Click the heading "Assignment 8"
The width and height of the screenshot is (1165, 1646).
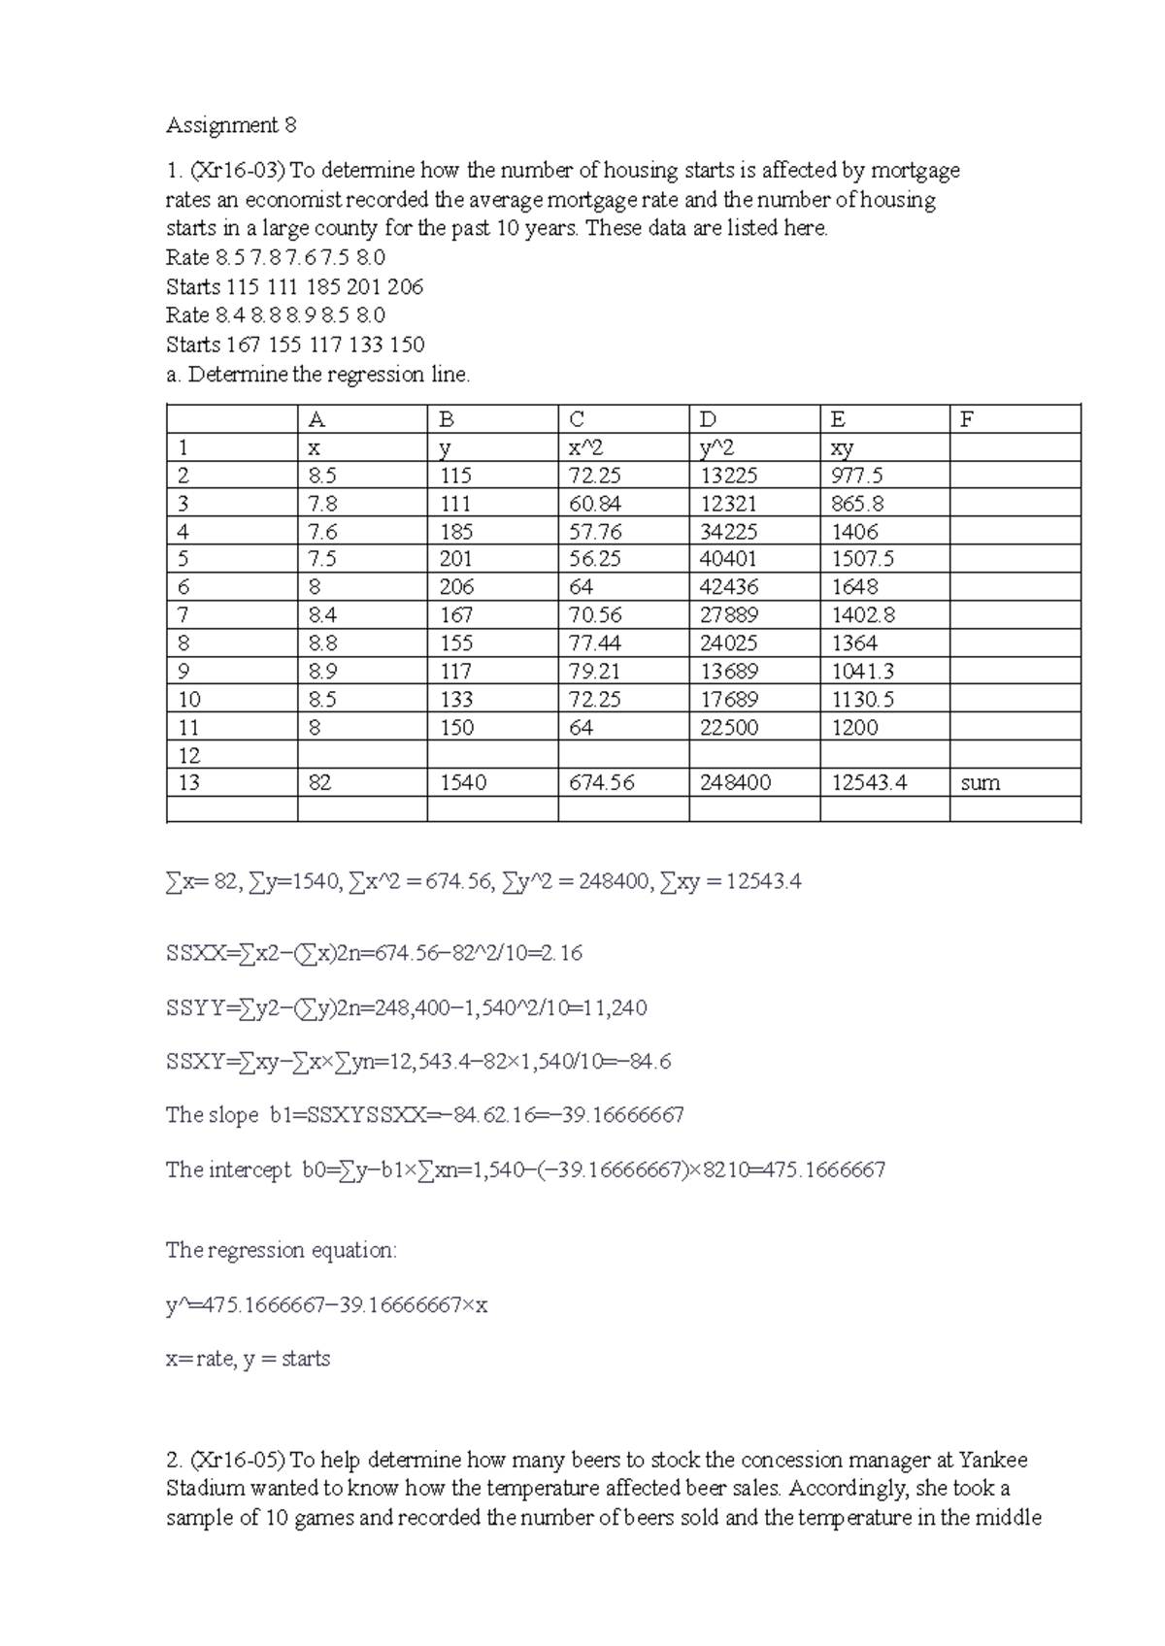(x=231, y=125)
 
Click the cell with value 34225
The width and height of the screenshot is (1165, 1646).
(x=728, y=532)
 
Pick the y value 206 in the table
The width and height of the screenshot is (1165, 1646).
(x=455, y=587)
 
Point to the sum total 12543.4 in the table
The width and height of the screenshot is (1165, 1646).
(x=869, y=783)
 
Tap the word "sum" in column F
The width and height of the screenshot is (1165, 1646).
(x=980, y=783)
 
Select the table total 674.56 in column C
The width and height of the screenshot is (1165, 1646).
(x=601, y=783)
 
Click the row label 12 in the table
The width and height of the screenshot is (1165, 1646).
(x=188, y=755)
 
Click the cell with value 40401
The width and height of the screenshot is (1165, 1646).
(x=728, y=559)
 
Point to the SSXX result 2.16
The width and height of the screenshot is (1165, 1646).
(x=563, y=954)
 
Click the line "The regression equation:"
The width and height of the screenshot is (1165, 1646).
(x=282, y=1250)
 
